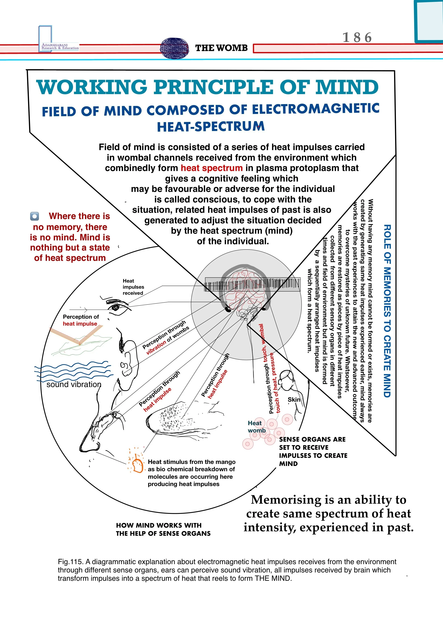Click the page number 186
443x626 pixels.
pos(357,37)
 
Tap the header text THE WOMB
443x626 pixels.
pos(221,48)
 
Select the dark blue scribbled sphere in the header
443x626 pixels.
pos(175,48)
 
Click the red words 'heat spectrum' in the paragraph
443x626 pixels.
pos(212,168)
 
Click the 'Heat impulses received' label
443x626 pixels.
pos(133,287)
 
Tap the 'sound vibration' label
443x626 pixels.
pos(74,384)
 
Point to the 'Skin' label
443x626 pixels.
pos(294,400)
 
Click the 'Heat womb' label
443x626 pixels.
pos(256,427)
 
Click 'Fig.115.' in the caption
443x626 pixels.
pos(70,562)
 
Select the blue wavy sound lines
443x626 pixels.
pos(74,370)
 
